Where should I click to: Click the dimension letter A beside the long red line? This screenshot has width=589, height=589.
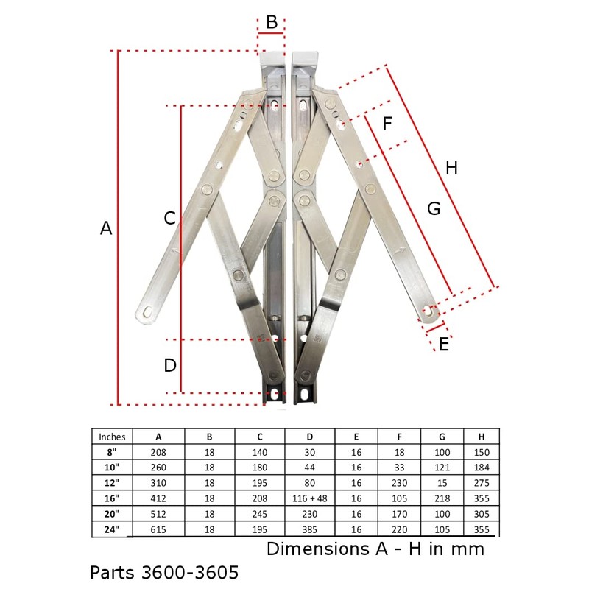tap(106, 228)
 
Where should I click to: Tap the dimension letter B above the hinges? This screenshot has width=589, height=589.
tap(272, 22)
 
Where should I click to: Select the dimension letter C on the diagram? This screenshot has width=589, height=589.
tap(169, 219)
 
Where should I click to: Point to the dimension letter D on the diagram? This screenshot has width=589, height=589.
tap(169, 365)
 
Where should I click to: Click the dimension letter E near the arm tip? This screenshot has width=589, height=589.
tap(443, 344)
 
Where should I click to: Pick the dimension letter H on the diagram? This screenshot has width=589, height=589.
tap(451, 169)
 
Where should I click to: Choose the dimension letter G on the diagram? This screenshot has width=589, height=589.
tap(434, 209)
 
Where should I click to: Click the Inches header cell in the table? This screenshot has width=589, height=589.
tap(112, 437)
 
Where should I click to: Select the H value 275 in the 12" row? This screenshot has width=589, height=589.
tap(482, 484)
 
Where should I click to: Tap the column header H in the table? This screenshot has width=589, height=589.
tap(482, 437)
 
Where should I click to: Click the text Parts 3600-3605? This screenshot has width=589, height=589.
tap(164, 572)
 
